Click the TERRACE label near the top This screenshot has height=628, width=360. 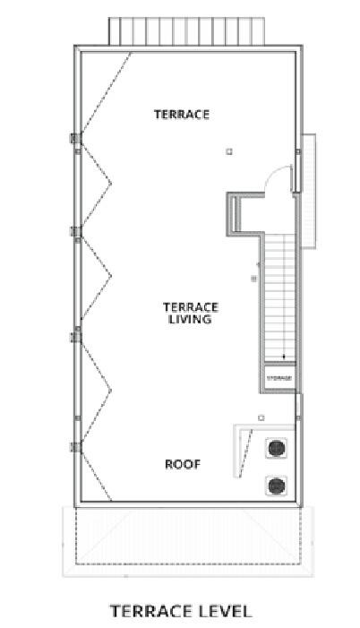click(181, 114)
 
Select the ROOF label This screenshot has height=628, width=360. click(182, 464)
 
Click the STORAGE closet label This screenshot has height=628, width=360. click(279, 378)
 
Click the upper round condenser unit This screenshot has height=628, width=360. click(277, 449)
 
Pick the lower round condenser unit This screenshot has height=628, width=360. click(277, 486)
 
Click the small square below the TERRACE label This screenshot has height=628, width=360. click(229, 151)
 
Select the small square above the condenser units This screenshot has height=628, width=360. click(261, 417)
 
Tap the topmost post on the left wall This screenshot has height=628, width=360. click(76, 139)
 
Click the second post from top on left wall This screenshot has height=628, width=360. click(76, 232)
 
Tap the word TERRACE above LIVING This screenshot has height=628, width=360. click(188, 305)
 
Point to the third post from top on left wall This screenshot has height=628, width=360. click(76, 336)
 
